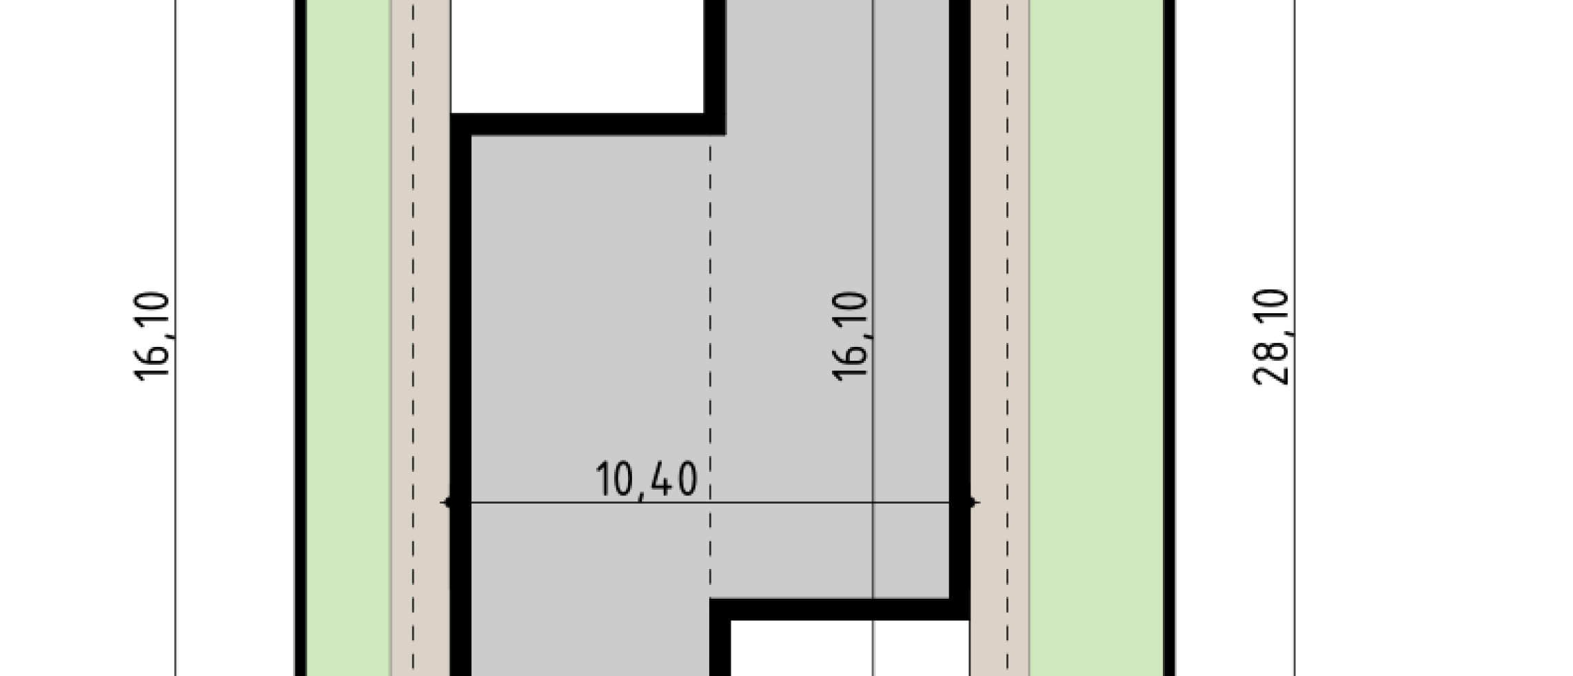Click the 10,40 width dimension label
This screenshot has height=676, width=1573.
(x=646, y=480)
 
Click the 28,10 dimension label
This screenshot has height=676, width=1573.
(x=1270, y=337)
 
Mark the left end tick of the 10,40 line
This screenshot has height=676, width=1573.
(x=449, y=503)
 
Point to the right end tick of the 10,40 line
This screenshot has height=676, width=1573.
(x=971, y=503)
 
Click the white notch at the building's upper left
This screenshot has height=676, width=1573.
(x=577, y=57)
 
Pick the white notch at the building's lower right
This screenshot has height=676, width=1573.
(x=850, y=648)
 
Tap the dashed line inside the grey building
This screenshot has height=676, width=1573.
(x=710, y=366)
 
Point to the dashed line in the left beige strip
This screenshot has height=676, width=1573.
(x=414, y=338)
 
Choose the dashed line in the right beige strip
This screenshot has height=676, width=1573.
(x=1007, y=338)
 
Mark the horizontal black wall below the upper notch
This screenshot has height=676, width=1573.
(x=588, y=125)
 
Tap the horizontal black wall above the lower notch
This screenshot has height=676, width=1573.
(x=840, y=609)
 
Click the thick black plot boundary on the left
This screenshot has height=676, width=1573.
(x=300, y=338)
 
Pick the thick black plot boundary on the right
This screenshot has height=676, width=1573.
(x=1170, y=338)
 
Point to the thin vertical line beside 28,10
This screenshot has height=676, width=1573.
(x=1294, y=338)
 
